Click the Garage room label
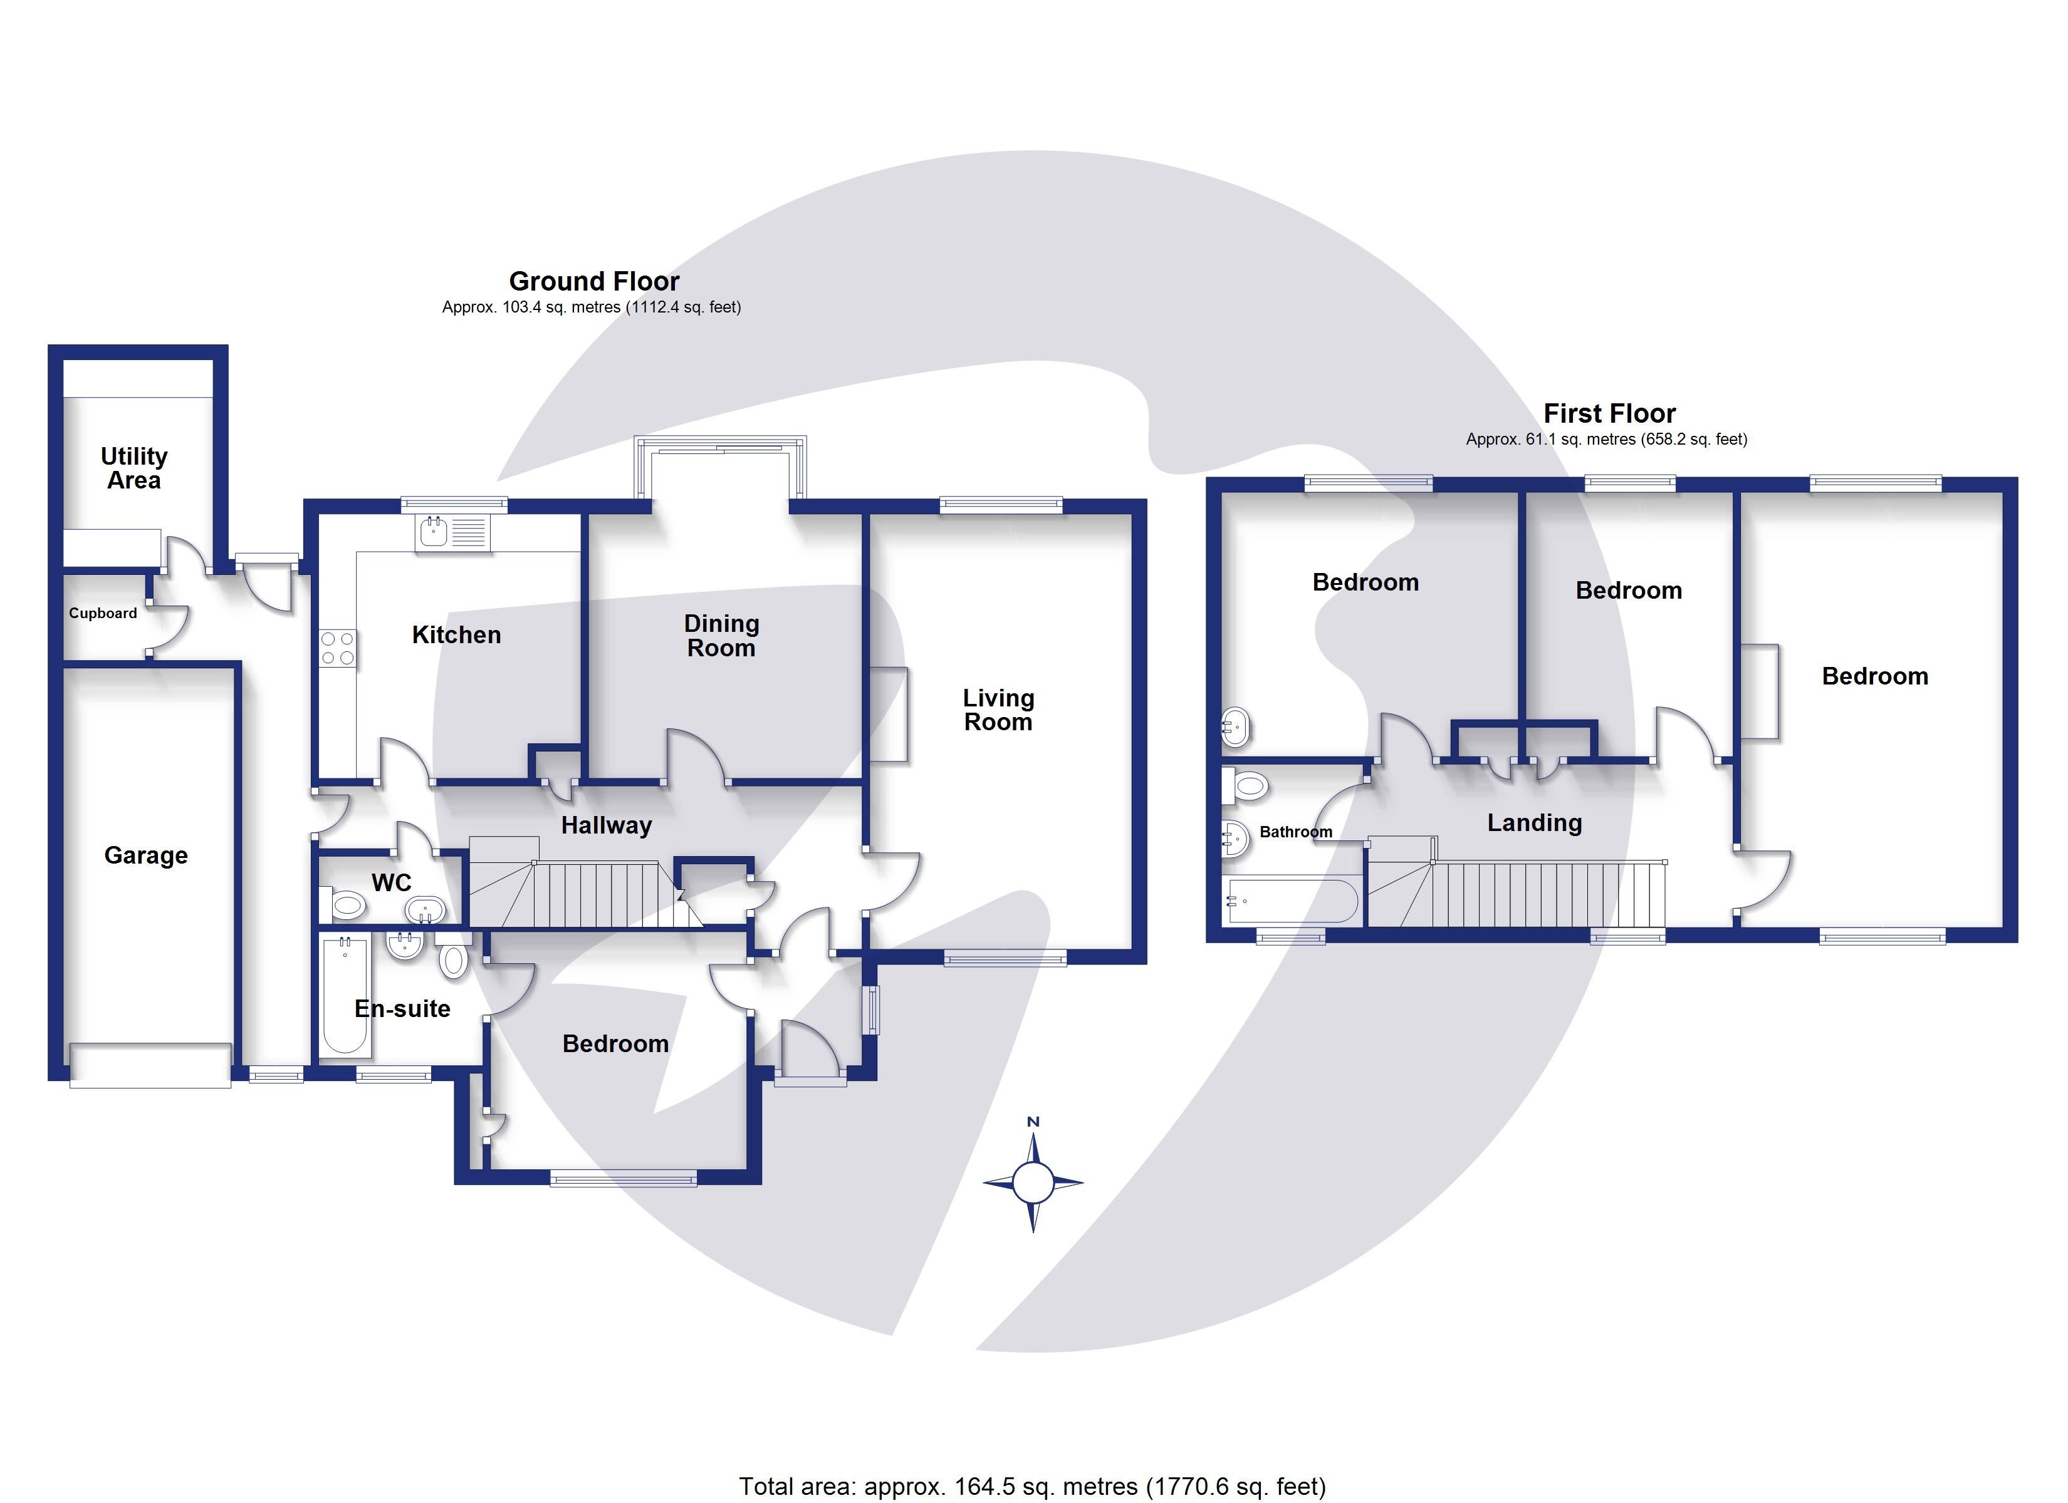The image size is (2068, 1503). [x=146, y=855]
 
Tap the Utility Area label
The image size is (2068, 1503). [x=134, y=468]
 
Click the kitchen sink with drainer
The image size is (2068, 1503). [x=453, y=533]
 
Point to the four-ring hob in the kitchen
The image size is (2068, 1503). [x=337, y=649]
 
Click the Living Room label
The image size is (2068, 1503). [x=998, y=710]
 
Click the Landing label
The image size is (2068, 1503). [x=1535, y=822]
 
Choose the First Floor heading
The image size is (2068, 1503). [x=1609, y=413]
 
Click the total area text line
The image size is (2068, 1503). [x=1032, y=1487]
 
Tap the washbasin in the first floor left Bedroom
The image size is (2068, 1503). [x=1235, y=727]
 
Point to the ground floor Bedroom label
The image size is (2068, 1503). [x=615, y=1043]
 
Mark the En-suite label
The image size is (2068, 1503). [x=402, y=1009]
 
